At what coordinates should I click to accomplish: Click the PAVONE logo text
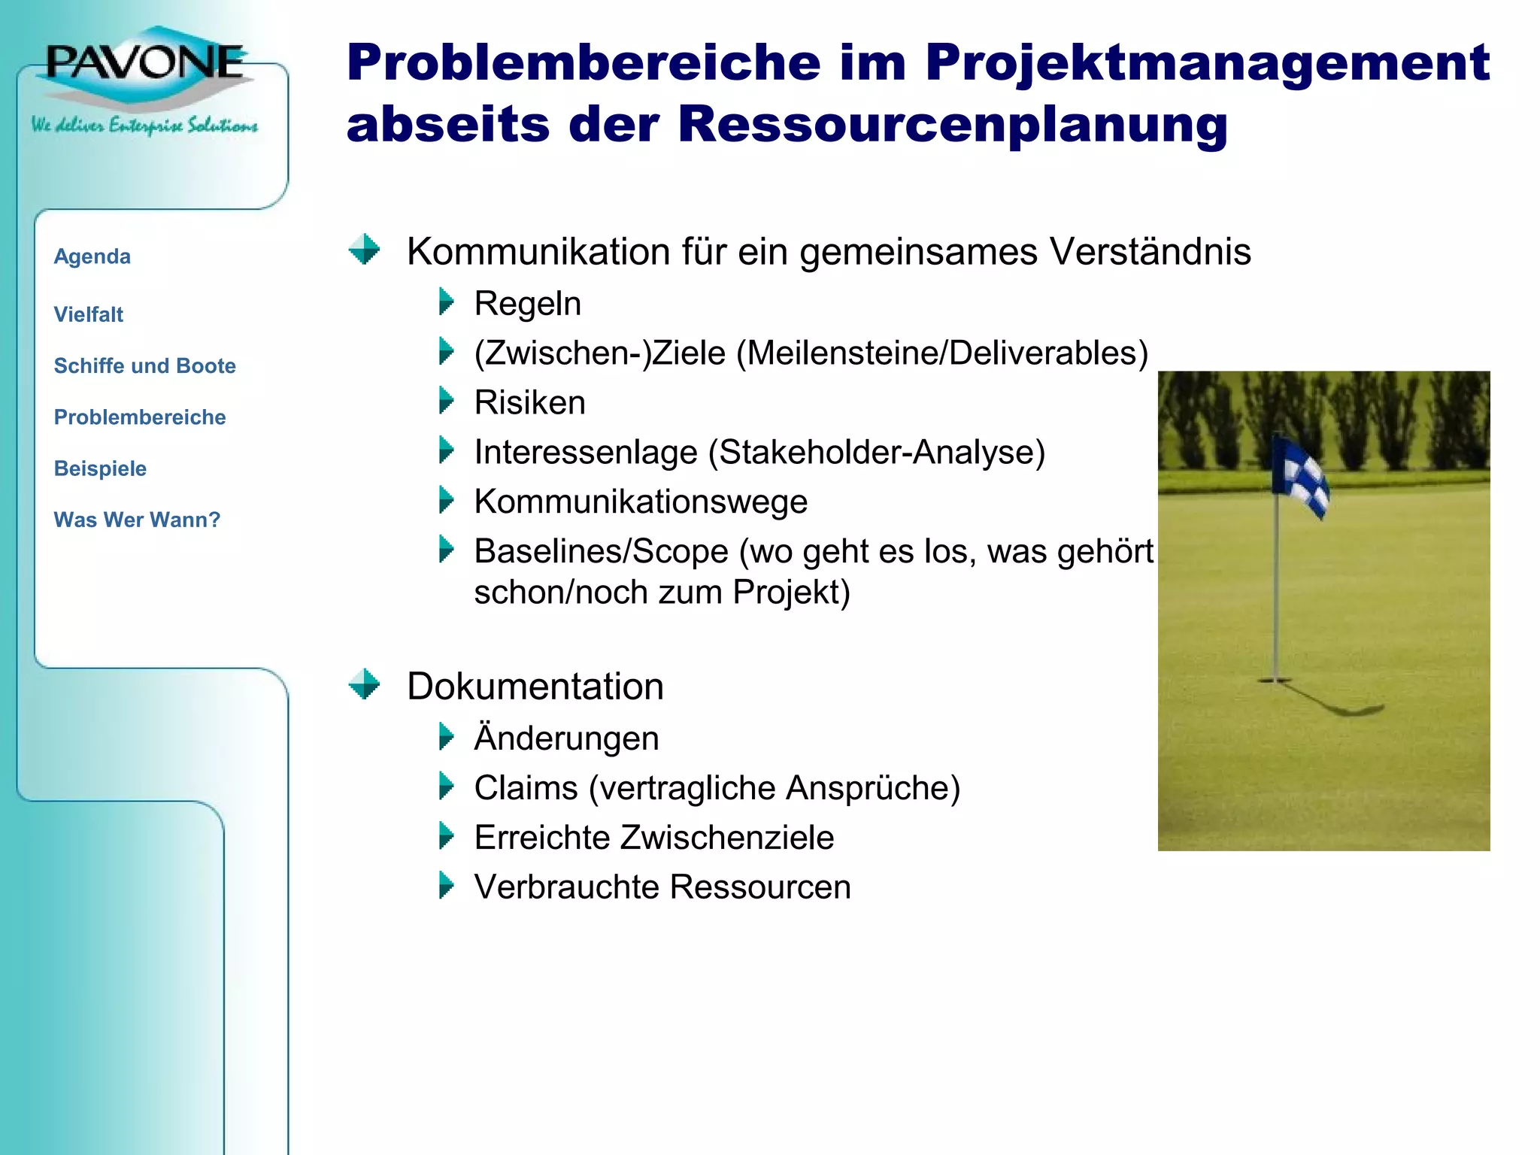tap(145, 62)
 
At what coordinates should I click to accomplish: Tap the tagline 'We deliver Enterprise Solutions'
tap(144, 125)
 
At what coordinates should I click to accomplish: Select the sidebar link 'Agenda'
tap(92, 256)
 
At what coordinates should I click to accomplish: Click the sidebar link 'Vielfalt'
tap(88, 314)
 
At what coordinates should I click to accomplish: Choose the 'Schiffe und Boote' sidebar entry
tap(144, 365)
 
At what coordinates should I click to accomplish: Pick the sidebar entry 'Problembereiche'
tap(139, 417)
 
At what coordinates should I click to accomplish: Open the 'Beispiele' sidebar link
tap(100, 468)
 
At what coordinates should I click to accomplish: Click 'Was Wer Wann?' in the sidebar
tap(137, 520)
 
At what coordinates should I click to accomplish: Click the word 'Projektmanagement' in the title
tap(1207, 62)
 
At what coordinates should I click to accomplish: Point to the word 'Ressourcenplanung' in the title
tap(953, 124)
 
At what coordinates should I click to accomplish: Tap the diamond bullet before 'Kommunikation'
tap(365, 249)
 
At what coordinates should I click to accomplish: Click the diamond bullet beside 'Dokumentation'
tap(365, 684)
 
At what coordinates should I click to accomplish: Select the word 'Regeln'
tap(527, 304)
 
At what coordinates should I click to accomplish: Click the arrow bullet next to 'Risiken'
tap(446, 401)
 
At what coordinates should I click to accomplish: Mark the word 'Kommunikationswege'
tap(641, 502)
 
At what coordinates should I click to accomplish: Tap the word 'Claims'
tap(526, 788)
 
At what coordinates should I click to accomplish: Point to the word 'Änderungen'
tap(566, 738)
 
